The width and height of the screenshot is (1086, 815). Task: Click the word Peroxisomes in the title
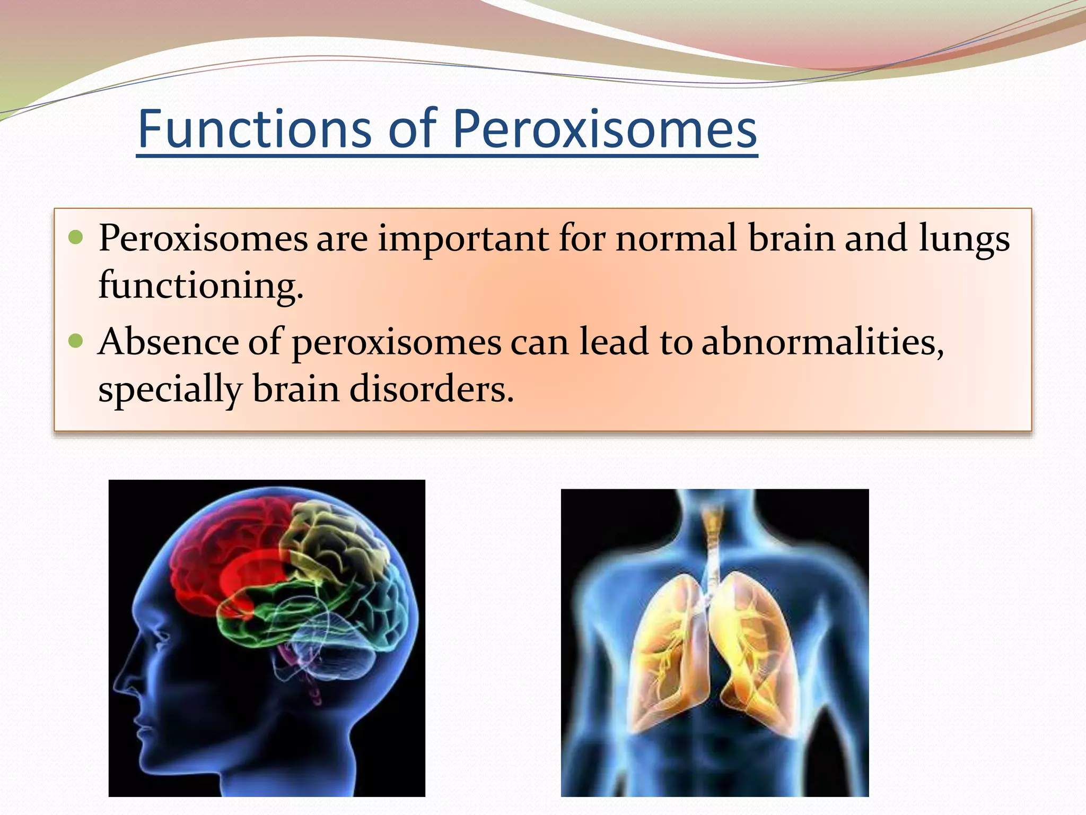tap(605, 129)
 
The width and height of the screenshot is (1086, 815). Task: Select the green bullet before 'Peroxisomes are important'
tap(76, 237)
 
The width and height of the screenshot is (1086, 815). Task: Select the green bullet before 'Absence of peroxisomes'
tap(76, 341)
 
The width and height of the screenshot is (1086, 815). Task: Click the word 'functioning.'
tap(200, 286)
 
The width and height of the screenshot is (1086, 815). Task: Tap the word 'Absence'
tap(168, 342)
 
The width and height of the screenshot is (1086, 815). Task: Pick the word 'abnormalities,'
tap(822, 342)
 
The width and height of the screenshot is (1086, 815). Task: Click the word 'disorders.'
tap(432, 389)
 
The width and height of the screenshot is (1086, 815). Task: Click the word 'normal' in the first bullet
tap(676, 238)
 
